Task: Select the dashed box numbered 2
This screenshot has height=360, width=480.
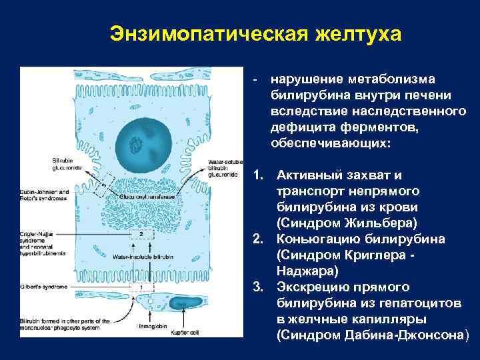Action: (141, 235)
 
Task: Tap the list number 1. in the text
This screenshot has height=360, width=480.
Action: (259, 176)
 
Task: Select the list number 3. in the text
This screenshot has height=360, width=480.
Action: (259, 287)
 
